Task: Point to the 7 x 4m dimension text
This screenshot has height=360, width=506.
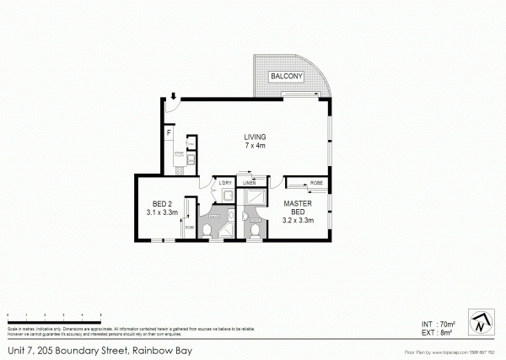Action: coord(255,146)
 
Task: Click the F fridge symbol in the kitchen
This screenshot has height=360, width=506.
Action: coord(169,133)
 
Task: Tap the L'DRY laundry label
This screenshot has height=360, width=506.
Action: coord(225,183)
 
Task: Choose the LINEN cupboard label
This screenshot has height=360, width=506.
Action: coord(249,183)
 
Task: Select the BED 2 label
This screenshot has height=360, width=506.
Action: coord(162,204)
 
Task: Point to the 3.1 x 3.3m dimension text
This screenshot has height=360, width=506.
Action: coord(162,214)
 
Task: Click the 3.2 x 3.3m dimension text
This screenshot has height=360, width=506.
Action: coord(298,221)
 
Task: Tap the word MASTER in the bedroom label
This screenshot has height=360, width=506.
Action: coord(298,202)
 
